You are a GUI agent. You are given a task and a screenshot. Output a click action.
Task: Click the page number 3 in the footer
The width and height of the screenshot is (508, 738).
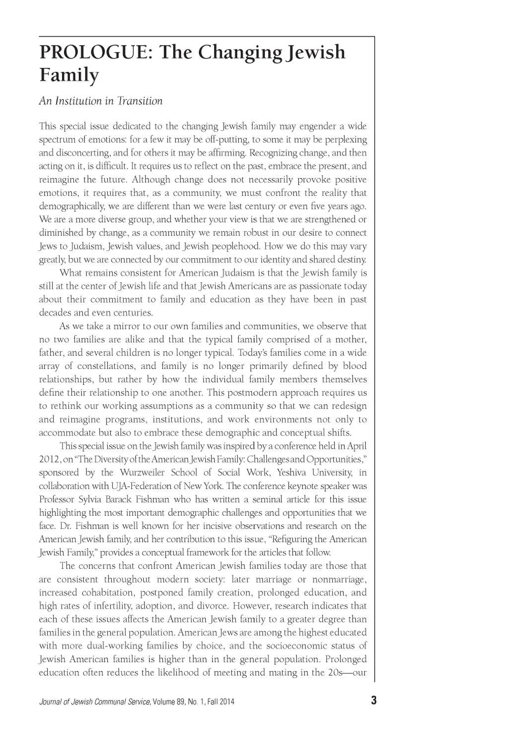point(374,701)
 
